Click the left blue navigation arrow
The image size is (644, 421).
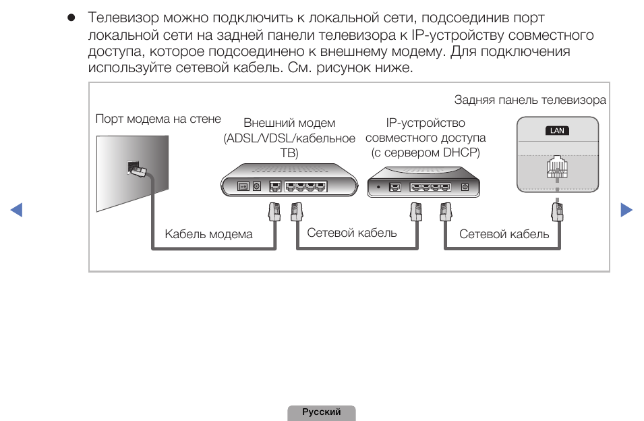[17, 210]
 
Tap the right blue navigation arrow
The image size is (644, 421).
[626, 210]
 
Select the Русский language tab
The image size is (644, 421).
[322, 412]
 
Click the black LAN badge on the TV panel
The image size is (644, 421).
[557, 130]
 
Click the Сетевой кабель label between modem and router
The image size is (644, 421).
[352, 233]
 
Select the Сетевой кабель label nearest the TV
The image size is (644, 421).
[504, 234]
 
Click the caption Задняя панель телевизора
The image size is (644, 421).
[530, 100]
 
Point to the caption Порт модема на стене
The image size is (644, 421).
[158, 119]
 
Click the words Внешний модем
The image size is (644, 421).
[289, 123]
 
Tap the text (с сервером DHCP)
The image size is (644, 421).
[426, 152]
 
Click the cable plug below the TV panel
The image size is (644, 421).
[557, 211]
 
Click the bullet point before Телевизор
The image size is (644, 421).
[71, 18]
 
